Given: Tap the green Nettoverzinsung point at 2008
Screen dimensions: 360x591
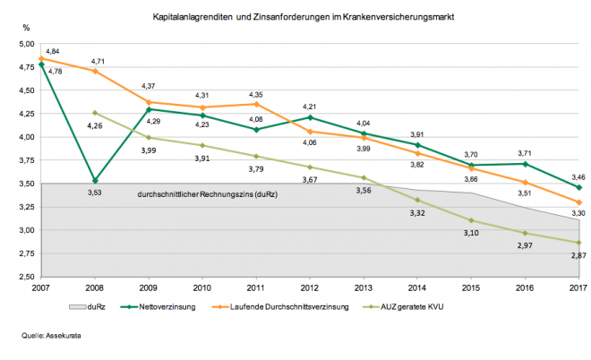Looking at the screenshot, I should [95, 180].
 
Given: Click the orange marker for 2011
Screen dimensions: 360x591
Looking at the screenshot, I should [257, 104].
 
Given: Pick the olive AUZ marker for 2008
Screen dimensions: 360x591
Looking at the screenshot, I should [95, 112].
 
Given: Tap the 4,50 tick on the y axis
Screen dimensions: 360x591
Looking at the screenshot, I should [26, 90].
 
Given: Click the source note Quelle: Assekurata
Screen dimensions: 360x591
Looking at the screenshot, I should [49, 337].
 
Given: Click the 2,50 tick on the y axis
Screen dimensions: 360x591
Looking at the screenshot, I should [26, 276].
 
